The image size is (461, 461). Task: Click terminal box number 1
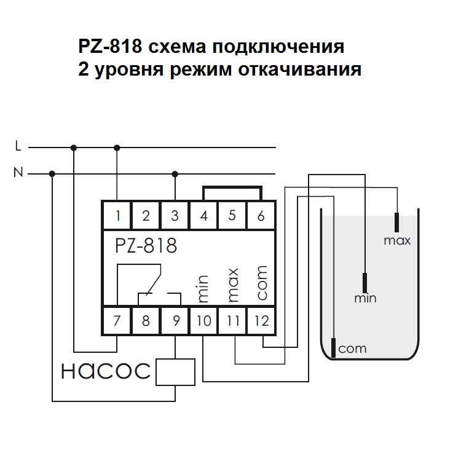(117, 215)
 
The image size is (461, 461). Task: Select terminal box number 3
(175, 215)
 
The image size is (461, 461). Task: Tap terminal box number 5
(232, 215)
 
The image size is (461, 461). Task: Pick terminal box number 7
(117, 320)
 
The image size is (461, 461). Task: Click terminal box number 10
(203, 320)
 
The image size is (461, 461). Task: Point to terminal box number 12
(261, 320)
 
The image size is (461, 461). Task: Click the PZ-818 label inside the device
(145, 246)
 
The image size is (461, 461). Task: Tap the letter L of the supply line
(18, 146)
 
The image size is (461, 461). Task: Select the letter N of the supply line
(18, 173)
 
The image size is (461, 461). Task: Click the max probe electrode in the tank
(397, 221)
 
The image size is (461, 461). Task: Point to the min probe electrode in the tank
(365, 283)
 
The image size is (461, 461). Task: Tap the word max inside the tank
(397, 240)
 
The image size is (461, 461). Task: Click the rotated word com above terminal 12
(261, 283)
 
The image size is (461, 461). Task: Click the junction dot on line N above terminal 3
(175, 173)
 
